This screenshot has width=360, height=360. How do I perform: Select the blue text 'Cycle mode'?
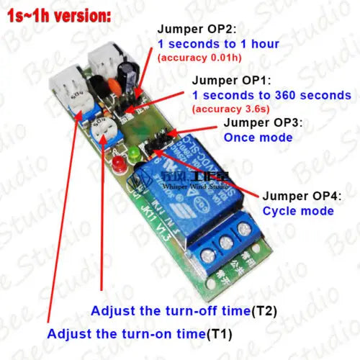tap(298, 210)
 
